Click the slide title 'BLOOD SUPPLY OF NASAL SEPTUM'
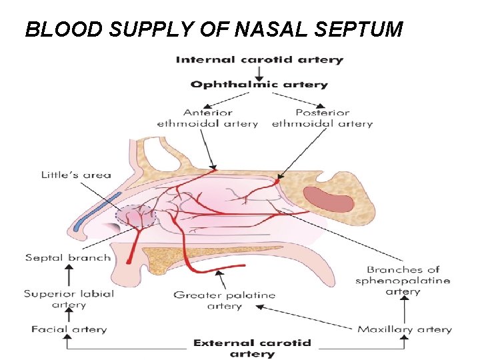(213, 29)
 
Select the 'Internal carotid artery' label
(259, 60)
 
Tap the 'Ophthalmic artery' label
(259, 85)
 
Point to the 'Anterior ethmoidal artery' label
(207, 118)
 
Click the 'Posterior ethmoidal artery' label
(323, 118)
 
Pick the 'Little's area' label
(76, 175)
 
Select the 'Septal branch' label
(68, 257)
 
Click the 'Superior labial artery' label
(69, 299)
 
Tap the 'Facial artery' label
(69, 329)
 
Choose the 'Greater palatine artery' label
(224, 301)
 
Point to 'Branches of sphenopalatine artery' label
(403, 281)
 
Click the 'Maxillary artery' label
(404, 329)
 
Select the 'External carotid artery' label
(252, 348)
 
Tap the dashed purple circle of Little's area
(136, 217)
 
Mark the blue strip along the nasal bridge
(97, 211)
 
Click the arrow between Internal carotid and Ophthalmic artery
(259, 72)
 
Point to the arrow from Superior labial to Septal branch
(68, 275)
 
